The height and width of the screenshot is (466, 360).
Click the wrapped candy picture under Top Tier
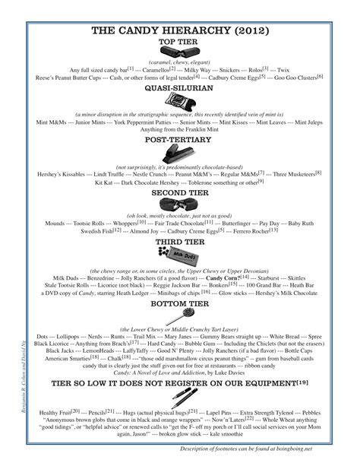coord(180,52)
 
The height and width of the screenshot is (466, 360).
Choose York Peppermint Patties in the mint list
coord(142,121)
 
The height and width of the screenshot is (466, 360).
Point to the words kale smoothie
coord(286,436)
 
